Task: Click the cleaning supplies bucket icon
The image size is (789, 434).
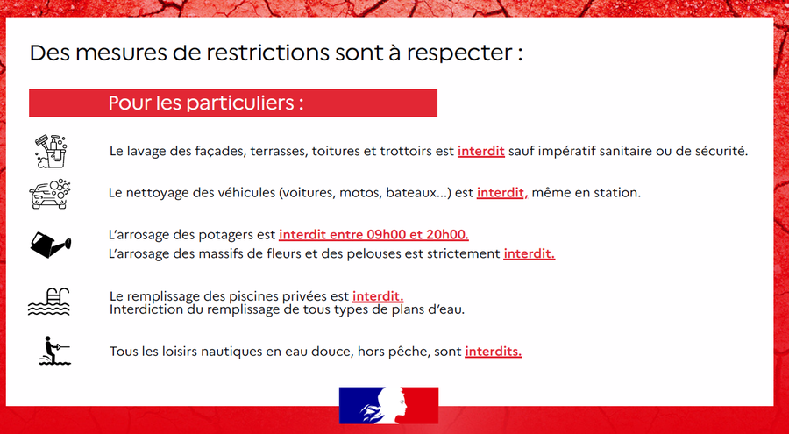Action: pos(51,151)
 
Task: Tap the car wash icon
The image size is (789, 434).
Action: pos(50,194)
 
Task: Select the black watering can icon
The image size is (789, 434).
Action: pos(51,245)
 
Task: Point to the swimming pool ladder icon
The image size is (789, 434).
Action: pos(49,302)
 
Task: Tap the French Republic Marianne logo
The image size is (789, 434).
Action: pos(388,405)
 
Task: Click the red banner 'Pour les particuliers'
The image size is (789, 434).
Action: pos(233,103)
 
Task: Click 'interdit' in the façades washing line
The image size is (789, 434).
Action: pos(481,151)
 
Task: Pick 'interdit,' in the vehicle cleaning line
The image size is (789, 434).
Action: pos(502,193)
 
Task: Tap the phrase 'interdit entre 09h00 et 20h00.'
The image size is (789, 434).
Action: pos(373,235)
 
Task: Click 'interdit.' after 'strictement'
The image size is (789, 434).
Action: pos(530,253)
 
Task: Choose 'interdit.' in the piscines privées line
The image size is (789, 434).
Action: pos(378,296)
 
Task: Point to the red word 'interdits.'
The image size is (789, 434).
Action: pos(494,352)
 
